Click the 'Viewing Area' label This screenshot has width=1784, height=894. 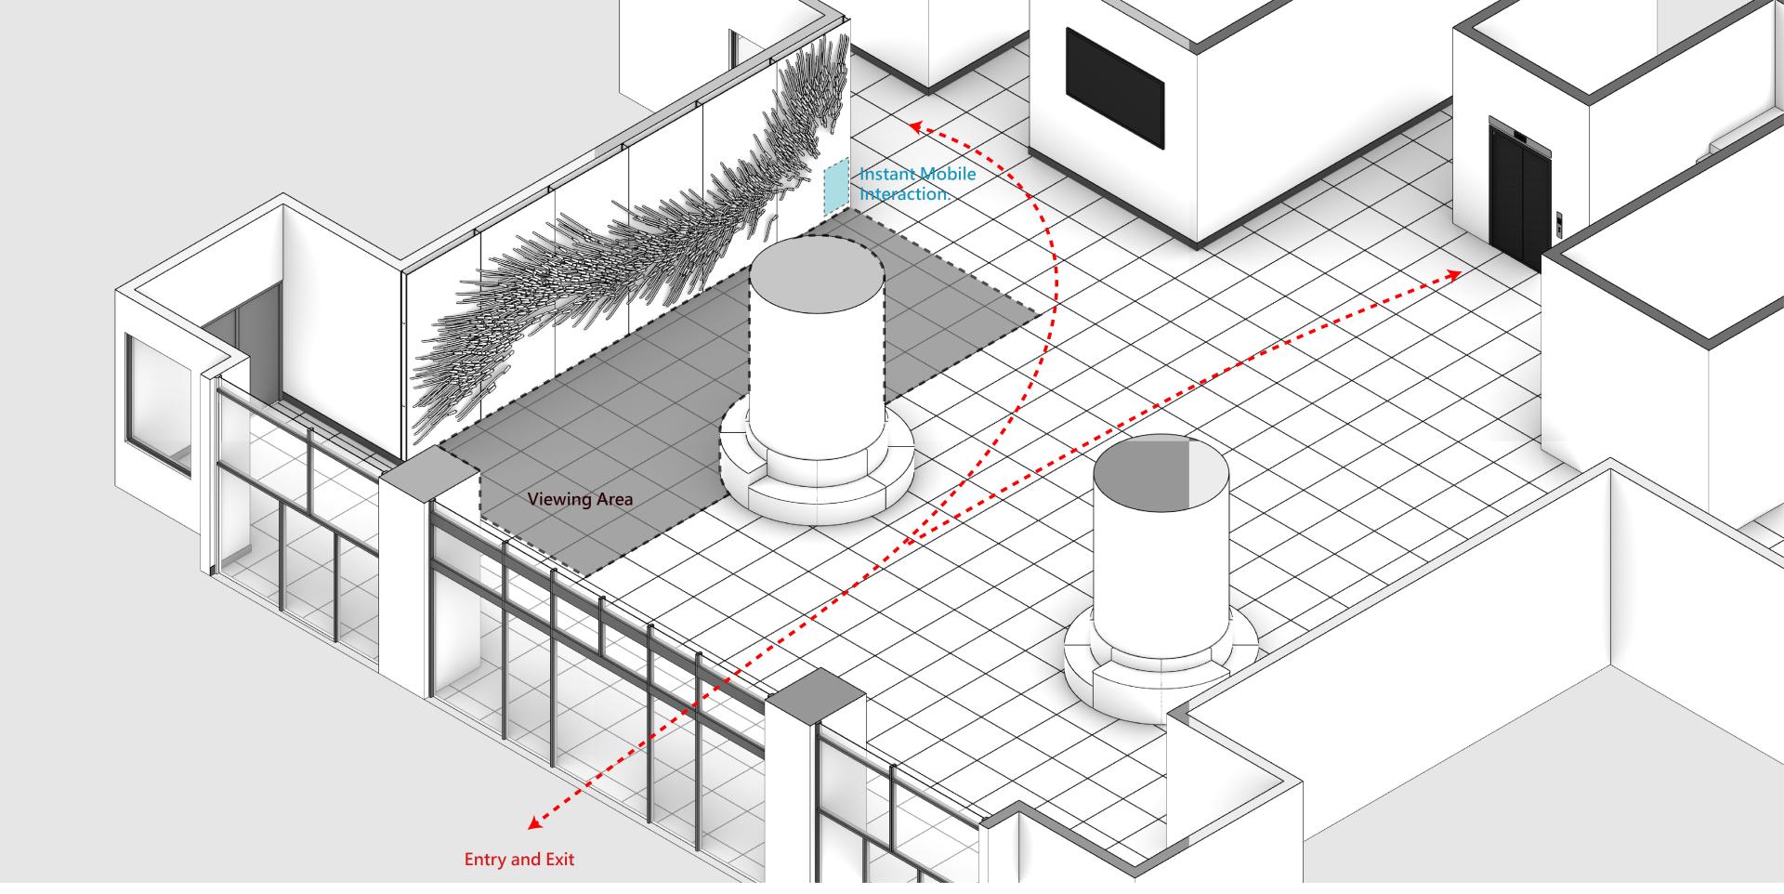click(580, 499)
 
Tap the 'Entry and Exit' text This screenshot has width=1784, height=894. click(519, 860)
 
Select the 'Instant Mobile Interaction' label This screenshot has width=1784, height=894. click(917, 184)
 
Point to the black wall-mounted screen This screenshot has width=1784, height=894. click(1114, 87)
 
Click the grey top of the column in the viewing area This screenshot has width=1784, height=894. click(816, 270)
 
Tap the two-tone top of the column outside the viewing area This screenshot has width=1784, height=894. click(1161, 470)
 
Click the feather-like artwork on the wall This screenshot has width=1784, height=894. click(632, 242)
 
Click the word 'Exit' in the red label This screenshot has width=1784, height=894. click(559, 860)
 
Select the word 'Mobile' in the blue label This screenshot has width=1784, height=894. click(947, 174)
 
